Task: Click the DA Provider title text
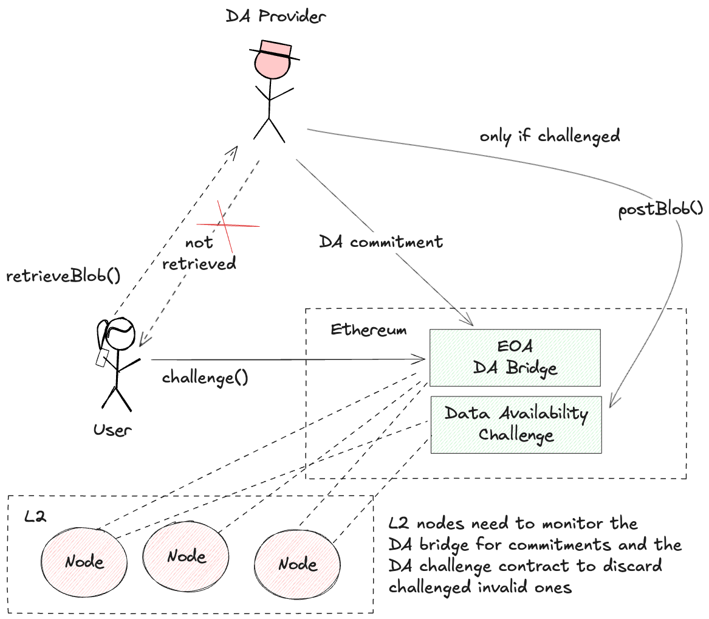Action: pos(276,16)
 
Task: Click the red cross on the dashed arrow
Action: pos(227,226)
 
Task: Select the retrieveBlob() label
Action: pos(63,275)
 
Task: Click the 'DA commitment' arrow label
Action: pos(381,242)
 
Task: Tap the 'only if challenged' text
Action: pos(549,136)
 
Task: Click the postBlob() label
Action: pos(660,210)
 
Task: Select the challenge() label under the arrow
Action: pos(205,378)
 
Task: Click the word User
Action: pos(112,431)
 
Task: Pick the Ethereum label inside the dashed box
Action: pos(369,330)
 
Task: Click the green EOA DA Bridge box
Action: pos(515,358)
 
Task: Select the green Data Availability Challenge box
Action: pos(515,424)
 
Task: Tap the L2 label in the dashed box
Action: pos(35,517)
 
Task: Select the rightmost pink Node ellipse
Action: pos(296,563)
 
